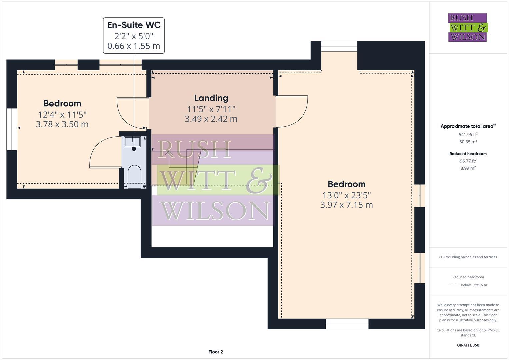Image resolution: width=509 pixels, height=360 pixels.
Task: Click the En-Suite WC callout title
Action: [134, 25]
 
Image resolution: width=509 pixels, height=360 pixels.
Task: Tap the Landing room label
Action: [211, 98]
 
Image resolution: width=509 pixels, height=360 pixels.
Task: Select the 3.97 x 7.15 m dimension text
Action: [346, 205]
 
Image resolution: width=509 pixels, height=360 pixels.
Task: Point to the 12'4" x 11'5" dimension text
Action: [62, 115]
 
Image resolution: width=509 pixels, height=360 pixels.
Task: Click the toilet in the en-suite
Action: [134, 175]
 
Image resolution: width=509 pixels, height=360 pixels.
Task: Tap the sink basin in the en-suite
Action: [132, 142]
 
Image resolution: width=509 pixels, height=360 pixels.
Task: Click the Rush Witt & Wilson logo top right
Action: [467, 28]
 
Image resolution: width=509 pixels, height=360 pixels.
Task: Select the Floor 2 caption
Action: [216, 352]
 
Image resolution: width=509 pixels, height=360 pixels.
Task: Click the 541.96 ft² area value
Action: [468, 135]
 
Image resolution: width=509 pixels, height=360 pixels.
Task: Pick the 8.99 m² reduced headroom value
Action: [468, 168]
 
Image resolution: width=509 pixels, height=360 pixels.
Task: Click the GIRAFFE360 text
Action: [468, 345]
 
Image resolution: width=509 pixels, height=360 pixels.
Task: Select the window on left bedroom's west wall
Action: [12, 129]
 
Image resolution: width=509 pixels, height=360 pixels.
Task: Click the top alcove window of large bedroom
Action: [339, 46]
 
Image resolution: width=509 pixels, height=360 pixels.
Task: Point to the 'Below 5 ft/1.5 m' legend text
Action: [474, 285]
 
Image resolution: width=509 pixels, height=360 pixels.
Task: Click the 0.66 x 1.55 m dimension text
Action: [134, 46]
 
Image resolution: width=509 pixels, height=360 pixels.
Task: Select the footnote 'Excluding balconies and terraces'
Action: [468, 257]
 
